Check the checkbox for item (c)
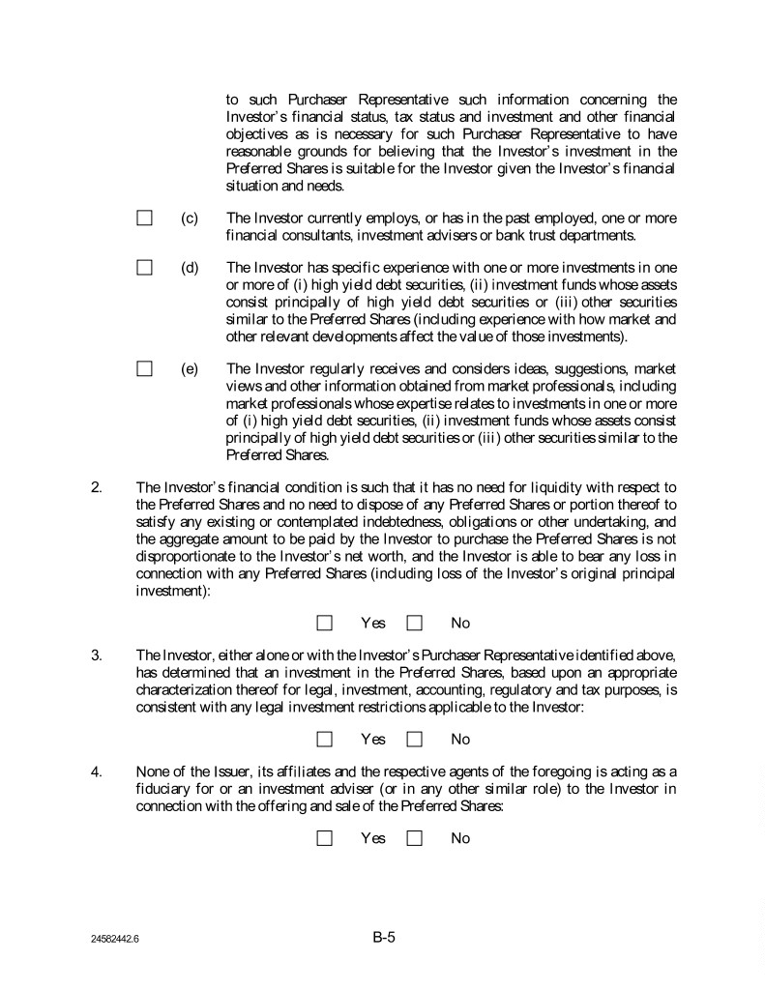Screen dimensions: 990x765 pyautogui.click(x=145, y=218)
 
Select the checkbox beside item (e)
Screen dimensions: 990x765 pyautogui.click(x=145, y=368)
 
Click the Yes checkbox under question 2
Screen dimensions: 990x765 pyautogui.click(x=325, y=624)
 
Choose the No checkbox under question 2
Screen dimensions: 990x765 pyautogui.click(x=415, y=624)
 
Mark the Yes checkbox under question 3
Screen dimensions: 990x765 pyautogui.click(x=325, y=740)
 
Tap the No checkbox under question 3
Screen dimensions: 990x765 pyautogui.click(x=415, y=740)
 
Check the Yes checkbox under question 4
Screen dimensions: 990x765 pyautogui.click(x=325, y=838)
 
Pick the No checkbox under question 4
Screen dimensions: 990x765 pyautogui.click(x=415, y=838)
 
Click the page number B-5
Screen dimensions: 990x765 pyautogui.click(x=384, y=936)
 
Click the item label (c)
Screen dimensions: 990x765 pyautogui.click(x=190, y=218)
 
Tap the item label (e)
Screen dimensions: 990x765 pyautogui.click(x=190, y=368)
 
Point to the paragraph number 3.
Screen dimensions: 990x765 pyautogui.click(x=96, y=655)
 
